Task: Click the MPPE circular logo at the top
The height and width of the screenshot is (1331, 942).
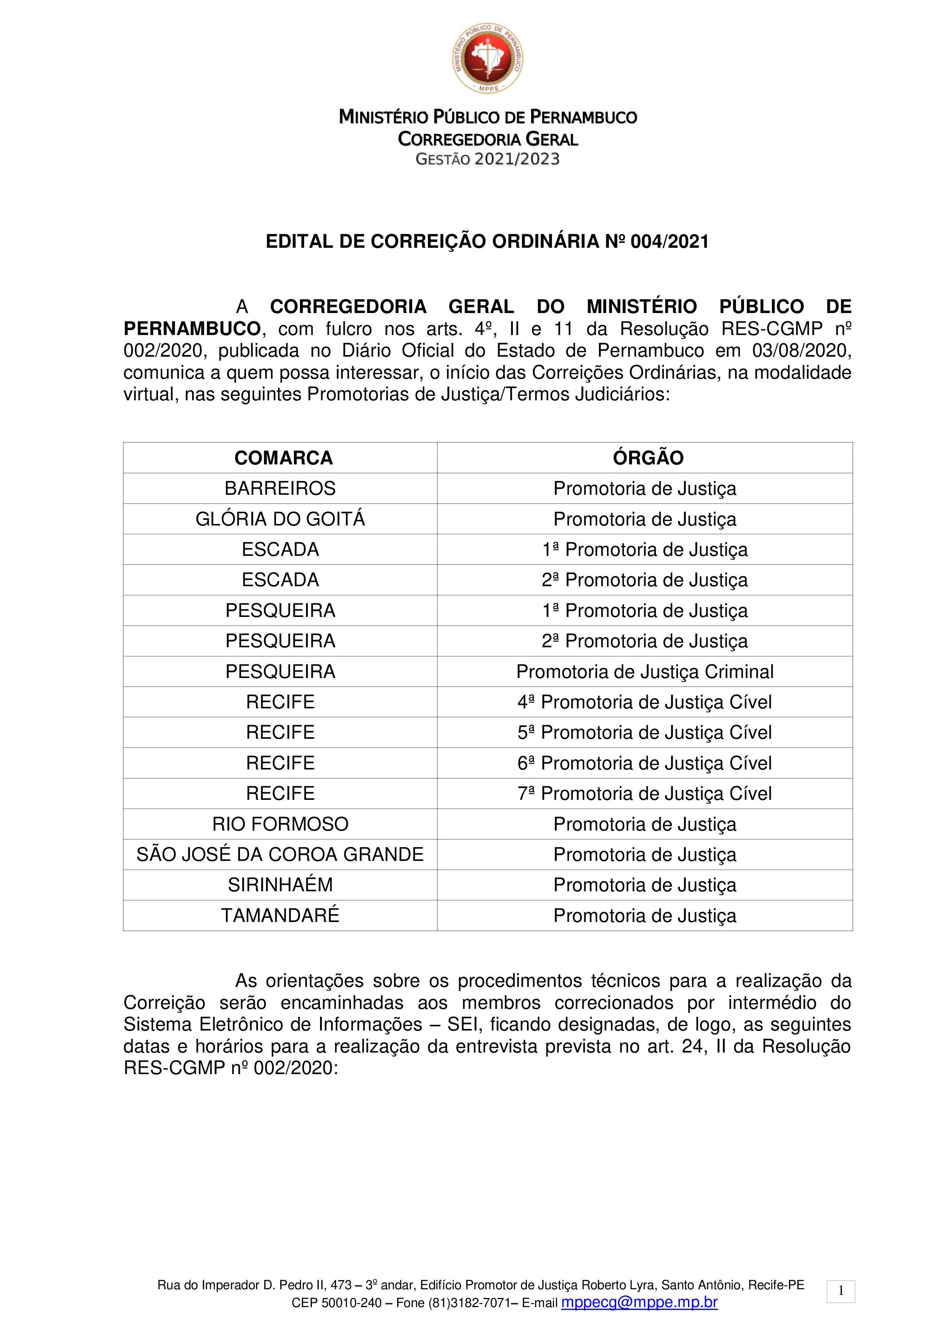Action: click(x=488, y=58)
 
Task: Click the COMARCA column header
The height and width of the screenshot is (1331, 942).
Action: click(x=283, y=458)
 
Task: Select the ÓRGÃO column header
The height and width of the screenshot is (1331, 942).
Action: click(x=648, y=458)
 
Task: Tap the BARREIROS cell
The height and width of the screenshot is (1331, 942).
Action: click(x=280, y=489)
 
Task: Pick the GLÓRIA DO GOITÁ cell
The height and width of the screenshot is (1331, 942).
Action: click(x=280, y=519)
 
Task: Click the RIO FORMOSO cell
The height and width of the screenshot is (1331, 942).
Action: click(x=280, y=824)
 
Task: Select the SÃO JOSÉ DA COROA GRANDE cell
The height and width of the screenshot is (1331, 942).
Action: click(x=280, y=854)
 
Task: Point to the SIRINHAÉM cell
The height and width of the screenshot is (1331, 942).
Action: click(x=280, y=885)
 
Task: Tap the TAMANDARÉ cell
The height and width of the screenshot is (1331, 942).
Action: click(x=280, y=916)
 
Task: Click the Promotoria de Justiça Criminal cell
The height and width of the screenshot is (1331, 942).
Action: click(x=644, y=671)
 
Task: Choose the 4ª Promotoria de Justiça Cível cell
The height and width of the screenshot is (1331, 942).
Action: click(x=644, y=702)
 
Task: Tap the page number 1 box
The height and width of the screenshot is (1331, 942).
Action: click(x=841, y=1292)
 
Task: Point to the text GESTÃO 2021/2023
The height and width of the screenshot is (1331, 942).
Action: click(x=488, y=159)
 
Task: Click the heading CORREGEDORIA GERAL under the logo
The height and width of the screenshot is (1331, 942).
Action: click(x=488, y=139)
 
